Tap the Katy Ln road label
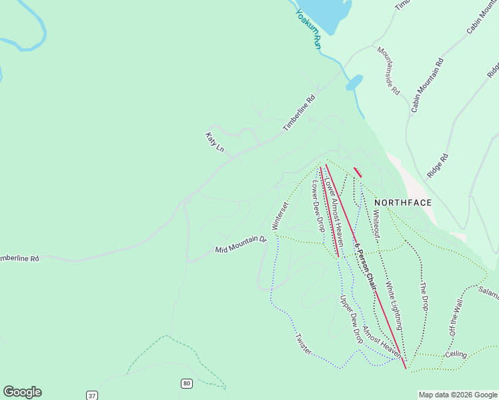[215, 141]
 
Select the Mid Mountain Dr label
[240, 245]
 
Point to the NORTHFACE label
[403, 203]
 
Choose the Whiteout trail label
[376, 222]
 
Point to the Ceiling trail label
[456, 354]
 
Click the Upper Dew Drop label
[351, 319]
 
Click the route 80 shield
[187, 383]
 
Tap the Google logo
[22, 392]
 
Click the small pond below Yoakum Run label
[354, 83]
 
